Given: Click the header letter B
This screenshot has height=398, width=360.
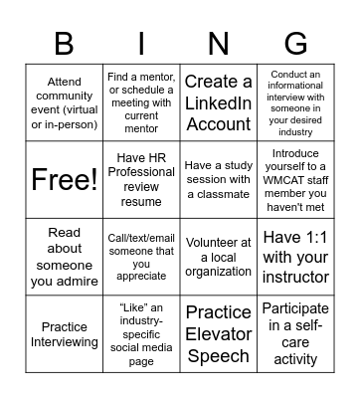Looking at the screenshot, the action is pos(63,43).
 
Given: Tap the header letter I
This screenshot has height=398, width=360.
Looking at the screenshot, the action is pos(140,43).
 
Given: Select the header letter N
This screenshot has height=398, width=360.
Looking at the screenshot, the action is pos(219,43).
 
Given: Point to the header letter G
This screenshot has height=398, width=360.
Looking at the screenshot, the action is pos(296,43).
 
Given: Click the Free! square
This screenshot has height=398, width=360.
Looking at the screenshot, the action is pos(63,179).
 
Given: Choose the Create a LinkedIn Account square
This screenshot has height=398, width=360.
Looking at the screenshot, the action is pos(219,102).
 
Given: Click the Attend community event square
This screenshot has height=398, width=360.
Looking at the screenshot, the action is pos(63,102).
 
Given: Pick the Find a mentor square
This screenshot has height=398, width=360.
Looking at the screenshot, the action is pos(140,102).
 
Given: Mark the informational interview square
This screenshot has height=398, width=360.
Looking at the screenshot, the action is pos(295,102).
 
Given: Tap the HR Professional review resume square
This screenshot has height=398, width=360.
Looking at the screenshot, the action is pos(140,179).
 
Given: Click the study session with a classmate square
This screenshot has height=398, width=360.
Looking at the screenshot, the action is pos(219,179).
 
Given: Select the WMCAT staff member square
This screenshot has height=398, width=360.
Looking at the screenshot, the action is pos(295,179).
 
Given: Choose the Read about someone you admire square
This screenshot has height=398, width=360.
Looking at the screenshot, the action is pos(63,257).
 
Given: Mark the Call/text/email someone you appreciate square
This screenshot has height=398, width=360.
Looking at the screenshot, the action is pos(140,257).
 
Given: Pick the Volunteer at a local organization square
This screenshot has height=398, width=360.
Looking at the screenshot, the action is pos(219,257).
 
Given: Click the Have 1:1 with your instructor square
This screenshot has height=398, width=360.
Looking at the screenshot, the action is pos(295,257).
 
